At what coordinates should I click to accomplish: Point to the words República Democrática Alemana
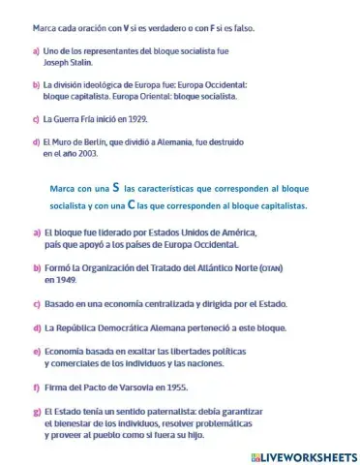(132, 327)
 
